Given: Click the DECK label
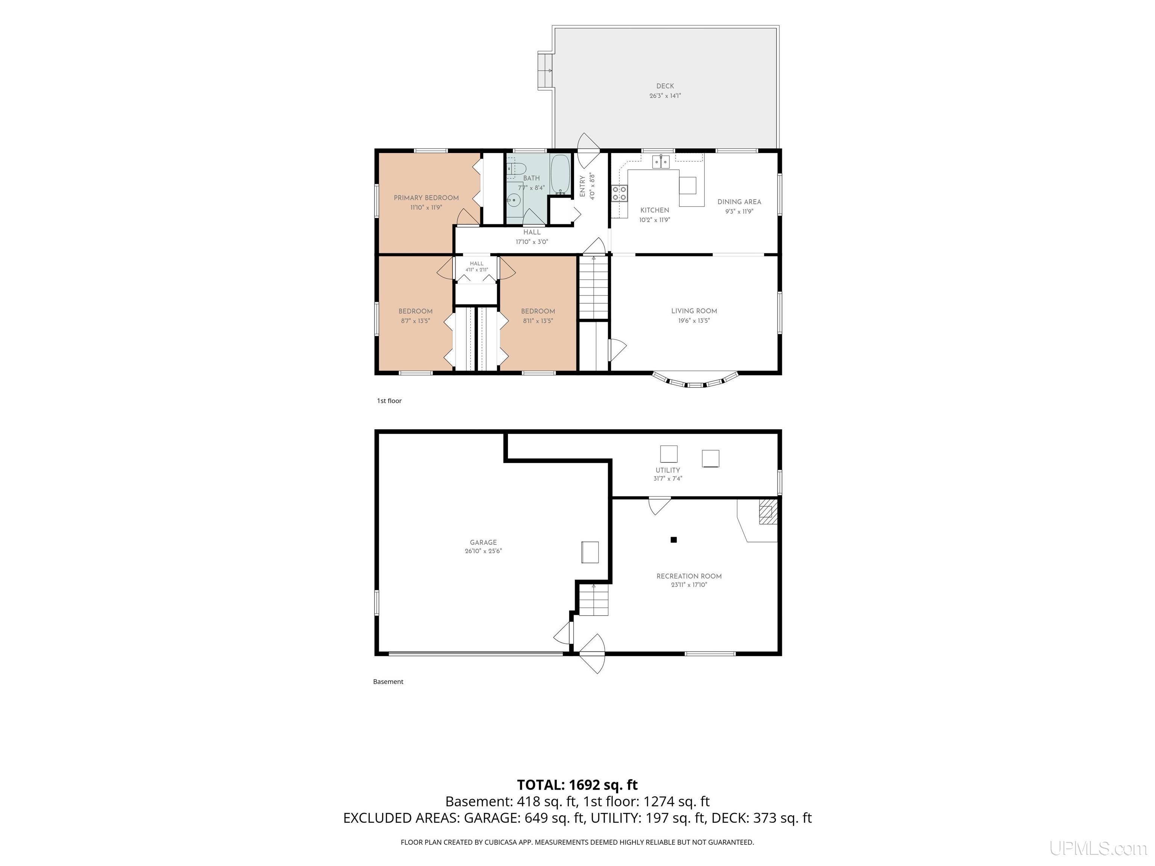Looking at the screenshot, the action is (665, 86).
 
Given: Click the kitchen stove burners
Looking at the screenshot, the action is (620, 193).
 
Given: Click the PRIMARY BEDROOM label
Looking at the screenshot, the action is (426, 198).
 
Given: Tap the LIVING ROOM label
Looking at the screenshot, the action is (694, 311).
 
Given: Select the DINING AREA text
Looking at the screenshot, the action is (739, 202).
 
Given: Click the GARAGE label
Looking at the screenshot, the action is (483, 542).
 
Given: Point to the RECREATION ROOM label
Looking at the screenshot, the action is (689, 576).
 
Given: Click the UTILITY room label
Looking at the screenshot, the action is (668, 470).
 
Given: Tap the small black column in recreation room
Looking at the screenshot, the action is (674, 540).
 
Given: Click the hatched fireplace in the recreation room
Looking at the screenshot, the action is (768, 511).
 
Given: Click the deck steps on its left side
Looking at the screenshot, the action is (545, 70).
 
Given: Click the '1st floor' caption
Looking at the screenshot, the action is (390, 401).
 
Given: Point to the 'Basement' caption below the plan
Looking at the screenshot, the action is (388, 682).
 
